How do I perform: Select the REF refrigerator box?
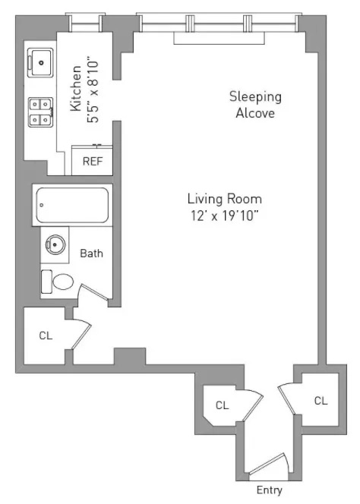[92, 161]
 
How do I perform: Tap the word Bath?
[91, 254]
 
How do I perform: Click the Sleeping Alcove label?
[254, 105]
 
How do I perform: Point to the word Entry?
[270, 490]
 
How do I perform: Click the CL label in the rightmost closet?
[321, 400]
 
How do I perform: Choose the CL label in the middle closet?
[222, 405]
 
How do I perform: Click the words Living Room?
[224, 199]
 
